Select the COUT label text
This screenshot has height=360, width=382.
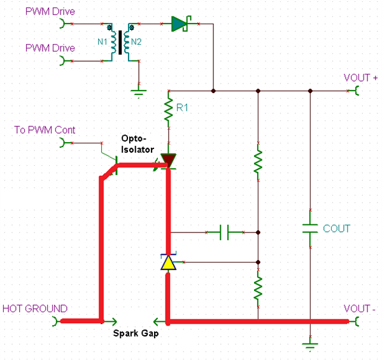point(336,228)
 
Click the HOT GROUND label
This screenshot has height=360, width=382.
point(35,308)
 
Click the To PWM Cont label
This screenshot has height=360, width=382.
point(45,130)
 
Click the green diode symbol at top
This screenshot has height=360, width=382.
point(180,24)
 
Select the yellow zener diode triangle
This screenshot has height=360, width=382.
point(168,263)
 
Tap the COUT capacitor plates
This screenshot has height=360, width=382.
point(310,228)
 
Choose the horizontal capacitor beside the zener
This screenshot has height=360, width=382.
point(224,233)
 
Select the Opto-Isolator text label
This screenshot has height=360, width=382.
point(136,143)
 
